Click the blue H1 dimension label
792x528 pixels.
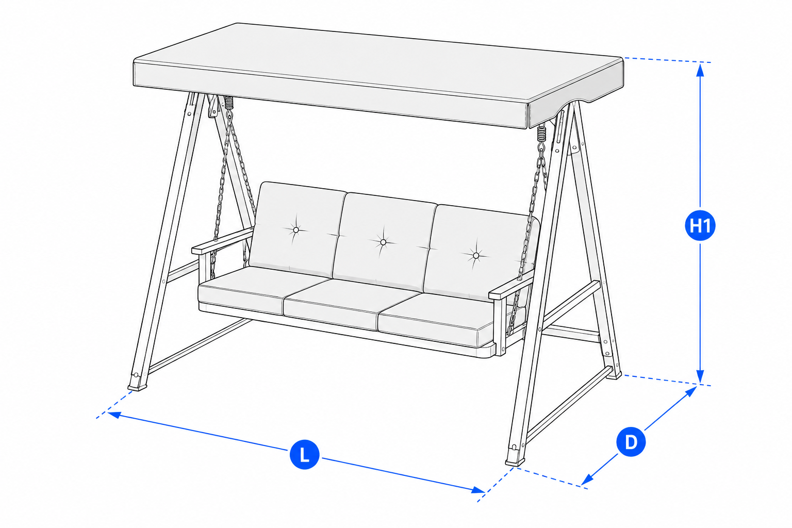(700, 226)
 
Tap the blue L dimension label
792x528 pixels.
(304, 454)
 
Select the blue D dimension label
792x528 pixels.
(631, 442)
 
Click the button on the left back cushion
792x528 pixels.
(296, 230)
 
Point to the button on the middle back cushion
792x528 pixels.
(383, 242)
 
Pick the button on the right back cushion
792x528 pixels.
(476, 255)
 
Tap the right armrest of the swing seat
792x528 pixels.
(511, 287)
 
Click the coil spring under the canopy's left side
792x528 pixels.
(229, 103)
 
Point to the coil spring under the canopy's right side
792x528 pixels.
(542, 133)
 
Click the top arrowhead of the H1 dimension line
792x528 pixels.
(700, 70)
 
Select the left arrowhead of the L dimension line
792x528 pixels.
(114, 414)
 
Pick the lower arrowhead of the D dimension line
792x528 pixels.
(587, 480)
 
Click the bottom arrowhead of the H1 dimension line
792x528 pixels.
(700, 377)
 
